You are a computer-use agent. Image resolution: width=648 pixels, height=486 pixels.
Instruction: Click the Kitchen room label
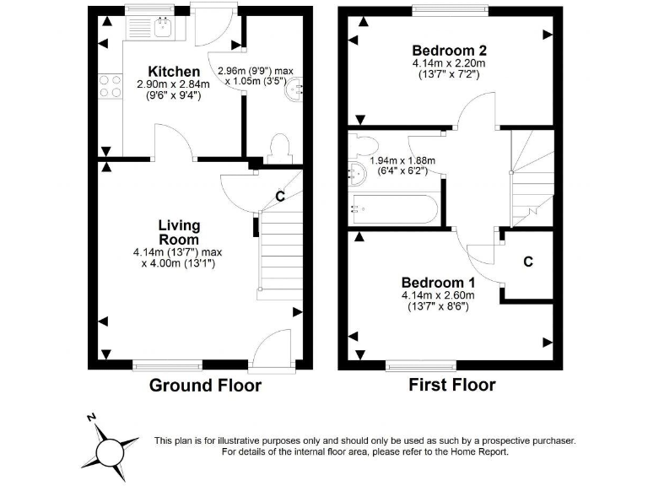tap(174, 72)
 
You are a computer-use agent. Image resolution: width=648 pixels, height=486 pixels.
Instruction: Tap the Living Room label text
tap(179, 232)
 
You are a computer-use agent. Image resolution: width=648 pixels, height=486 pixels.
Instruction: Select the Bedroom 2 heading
tap(449, 49)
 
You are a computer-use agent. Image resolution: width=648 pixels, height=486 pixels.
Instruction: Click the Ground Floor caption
tap(205, 386)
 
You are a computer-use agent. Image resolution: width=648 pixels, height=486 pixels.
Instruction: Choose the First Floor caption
tap(451, 386)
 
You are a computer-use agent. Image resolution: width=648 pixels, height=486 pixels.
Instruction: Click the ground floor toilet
tap(279, 149)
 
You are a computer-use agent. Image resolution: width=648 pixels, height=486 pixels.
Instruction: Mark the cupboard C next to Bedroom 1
tap(527, 262)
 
